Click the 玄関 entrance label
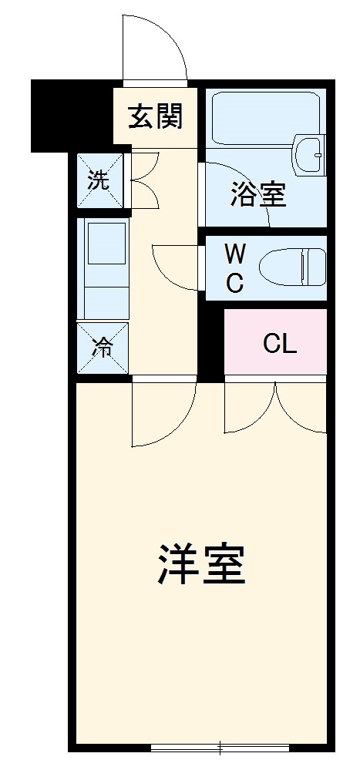pyautogui.click(x=155, y=118)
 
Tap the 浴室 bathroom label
pyautogui.click(x=258, y=196)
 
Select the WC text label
pyautogui.click(x=234, y=268)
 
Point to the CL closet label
pyautogui.click(x=279, y=344)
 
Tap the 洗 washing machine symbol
pyautogui.click(x=99, y=180)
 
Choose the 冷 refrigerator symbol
pyautogui.click(x=102, y=348)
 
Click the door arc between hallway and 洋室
pyautogui.click(x=162, y=416)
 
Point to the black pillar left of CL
pyautogui.click(x=210, y=343)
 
